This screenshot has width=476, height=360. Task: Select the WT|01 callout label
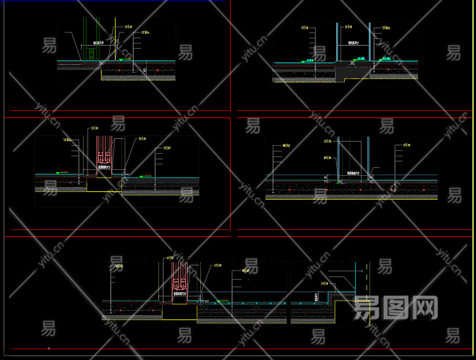(x=327, y=158)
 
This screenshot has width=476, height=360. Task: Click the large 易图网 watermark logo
(x=396, y=308)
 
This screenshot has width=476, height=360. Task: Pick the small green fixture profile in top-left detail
(x=89, y=53)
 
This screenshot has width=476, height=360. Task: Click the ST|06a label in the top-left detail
(x=145, y=32)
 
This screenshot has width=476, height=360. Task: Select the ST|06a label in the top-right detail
(x=384, y=28)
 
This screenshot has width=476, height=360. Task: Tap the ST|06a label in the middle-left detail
(x=68, y=140)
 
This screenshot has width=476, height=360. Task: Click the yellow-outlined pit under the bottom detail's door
(x=179, y=311)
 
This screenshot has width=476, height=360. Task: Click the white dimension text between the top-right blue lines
(x=353, y=43)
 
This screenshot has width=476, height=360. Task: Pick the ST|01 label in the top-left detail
(x=128, y=27)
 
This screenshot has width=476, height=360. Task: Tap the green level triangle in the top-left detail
(x=120, y=60)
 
